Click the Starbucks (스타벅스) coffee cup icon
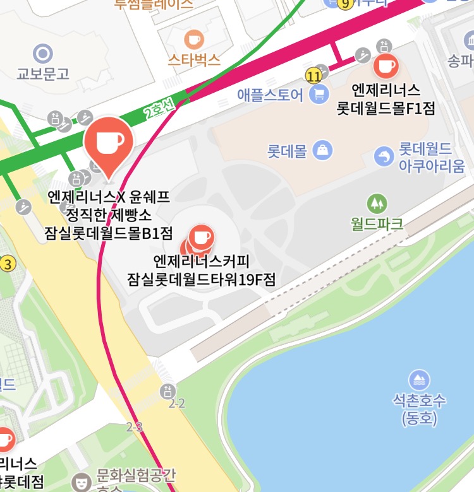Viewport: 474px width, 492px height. click(x=194, y=40)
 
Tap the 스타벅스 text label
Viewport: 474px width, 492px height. click(x=194, y=60)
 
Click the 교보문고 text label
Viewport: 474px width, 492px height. click(x=43, y=73)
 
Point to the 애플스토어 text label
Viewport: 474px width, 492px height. click(x=270, y=95)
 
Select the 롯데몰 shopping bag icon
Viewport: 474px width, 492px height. click(x=323, y=150)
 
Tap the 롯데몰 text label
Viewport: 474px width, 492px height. click(x=286, y=151)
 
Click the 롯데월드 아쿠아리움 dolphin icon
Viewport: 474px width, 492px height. click(x=384, y=156)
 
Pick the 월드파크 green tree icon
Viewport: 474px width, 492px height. click(x=377, y=203)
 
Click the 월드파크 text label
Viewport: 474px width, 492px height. click(x=377, y=223)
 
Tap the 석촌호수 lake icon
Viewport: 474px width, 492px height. click(x=419, y=380)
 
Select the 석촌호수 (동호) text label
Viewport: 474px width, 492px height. click(x=419, y=408)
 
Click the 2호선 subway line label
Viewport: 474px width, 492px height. click(x=159, y=108)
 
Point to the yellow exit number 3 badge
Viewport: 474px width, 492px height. click(x=7, y=263)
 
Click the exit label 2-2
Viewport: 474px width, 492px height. click(x=176, y=403)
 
